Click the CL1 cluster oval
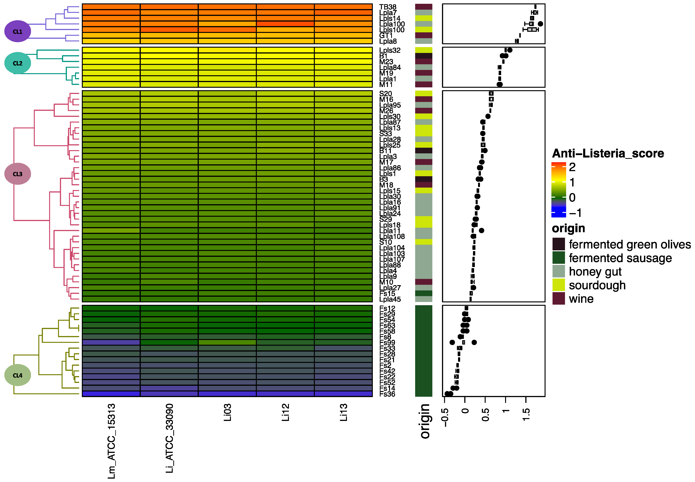coord(18,31)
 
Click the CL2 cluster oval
coord(18,63)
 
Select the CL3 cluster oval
coord(18,174)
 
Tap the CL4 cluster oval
coord(18,375)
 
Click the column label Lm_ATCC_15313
coord(111,441)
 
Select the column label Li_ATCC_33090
coord(169,438)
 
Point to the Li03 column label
coord(227,412)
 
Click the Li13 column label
coord(343,412)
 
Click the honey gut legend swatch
coord(559,271)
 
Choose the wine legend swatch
coord(559,298)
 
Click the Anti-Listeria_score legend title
coord(608,153)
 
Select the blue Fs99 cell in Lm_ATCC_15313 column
coord(111,342)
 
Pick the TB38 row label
coord(388,7)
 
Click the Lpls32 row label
coord(390,50)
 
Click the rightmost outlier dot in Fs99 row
coord(474,342)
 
